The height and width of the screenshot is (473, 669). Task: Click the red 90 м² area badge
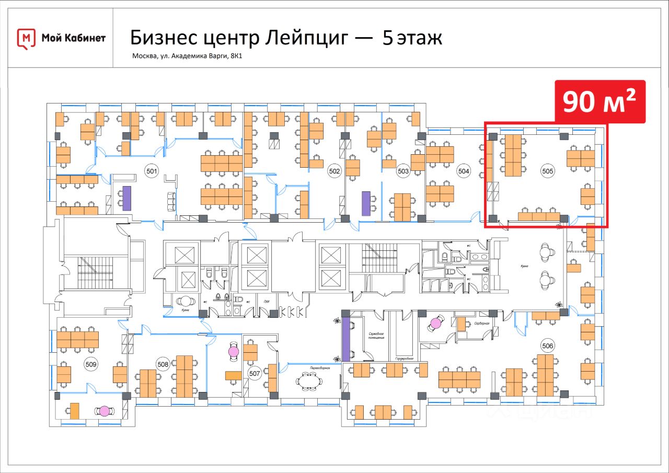(599, 102)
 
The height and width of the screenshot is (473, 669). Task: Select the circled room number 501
(152, 170)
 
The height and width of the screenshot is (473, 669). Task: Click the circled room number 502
(334, 171)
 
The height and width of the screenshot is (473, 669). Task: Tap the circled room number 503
(403, 171)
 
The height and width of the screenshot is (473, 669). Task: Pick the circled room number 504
(464, 171)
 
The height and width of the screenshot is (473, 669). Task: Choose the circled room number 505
(548, 170)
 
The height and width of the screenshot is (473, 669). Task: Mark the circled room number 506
(547, 345)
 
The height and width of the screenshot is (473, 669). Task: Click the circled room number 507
(255, 374)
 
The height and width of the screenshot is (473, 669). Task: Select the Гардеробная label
(404, 359)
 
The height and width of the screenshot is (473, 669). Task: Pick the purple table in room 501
(126, 198)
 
